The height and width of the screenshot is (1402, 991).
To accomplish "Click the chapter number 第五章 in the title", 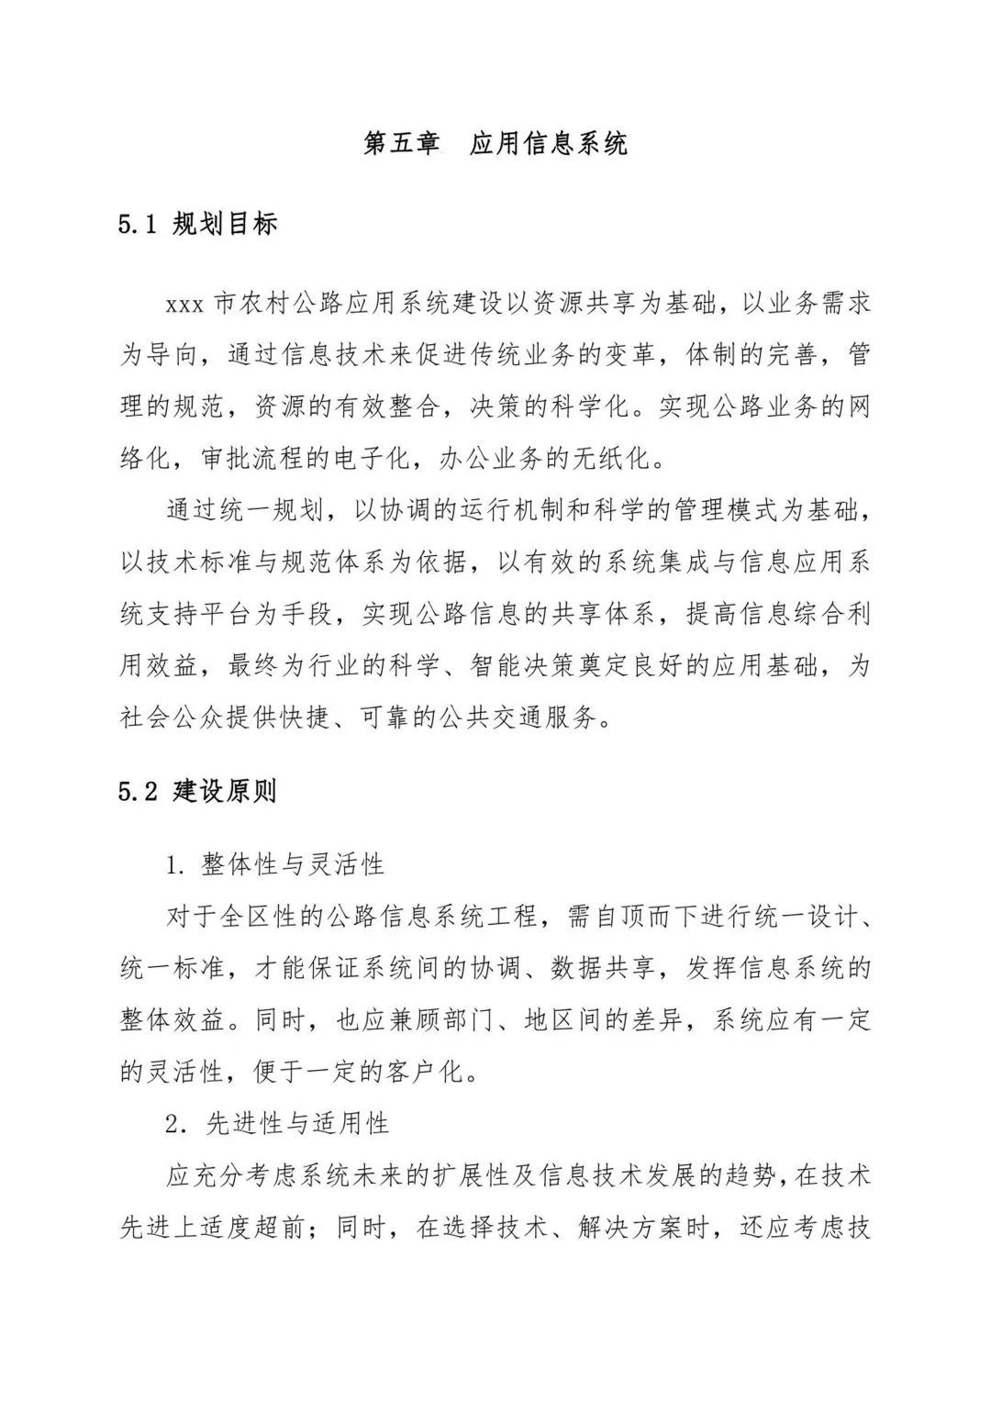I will pyautogui.click(x=401, y=144).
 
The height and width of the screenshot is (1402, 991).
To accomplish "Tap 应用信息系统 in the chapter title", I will pyautogui.click(x=549, y=144).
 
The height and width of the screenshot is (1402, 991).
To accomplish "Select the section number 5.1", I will pyautogui.click(x=139, y=225).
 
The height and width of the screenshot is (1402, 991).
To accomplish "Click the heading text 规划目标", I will pyautogui.click(x=225, y=225).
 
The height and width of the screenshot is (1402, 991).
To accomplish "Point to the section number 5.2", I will pyautogui.click(x=139, y=792).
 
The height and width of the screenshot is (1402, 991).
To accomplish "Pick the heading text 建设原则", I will pyautogui.click(x=225, y=792).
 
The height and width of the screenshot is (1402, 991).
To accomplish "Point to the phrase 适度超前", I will pyautogui.click(x=252, y=1228).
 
